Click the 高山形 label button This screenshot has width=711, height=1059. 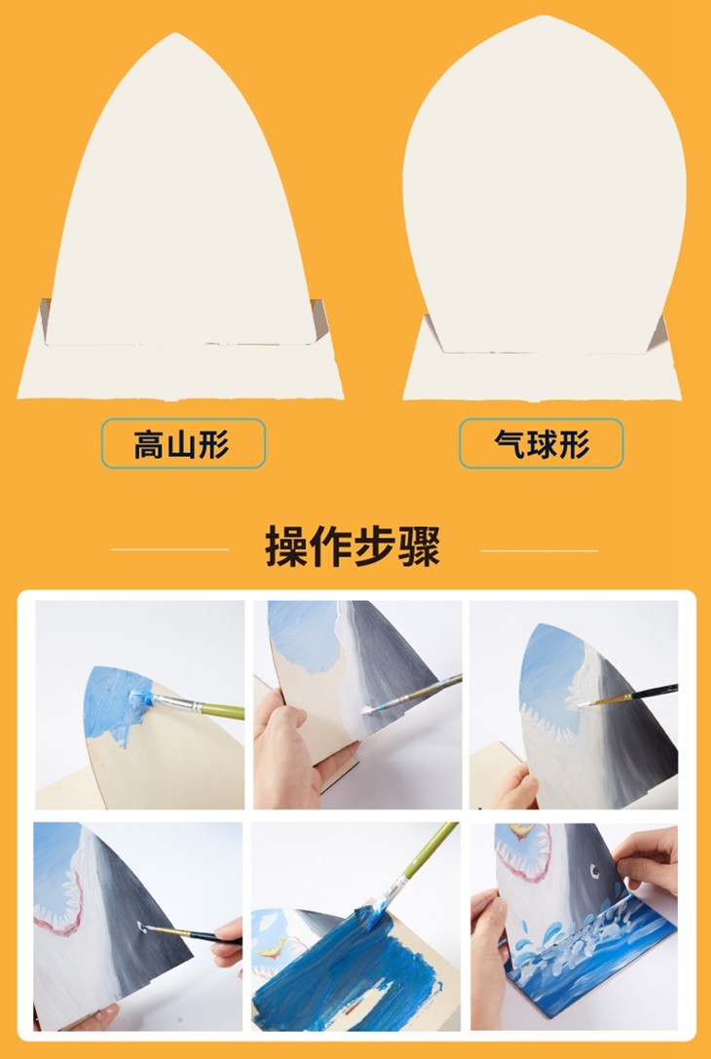coord(183,443)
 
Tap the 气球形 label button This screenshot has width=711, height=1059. coord(541,443)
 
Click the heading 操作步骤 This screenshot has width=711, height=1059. coord(353,547)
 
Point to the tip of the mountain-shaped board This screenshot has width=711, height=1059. coord(175,34)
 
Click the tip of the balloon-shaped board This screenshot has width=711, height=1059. coord(543,17)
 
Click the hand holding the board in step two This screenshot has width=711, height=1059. coord(291,743)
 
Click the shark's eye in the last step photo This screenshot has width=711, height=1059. coord(594,871)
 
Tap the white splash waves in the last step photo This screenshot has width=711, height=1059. coord(574,927)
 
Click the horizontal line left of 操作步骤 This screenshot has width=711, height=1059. coord(170,549)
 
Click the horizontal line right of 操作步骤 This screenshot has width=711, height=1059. coord(539,550)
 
